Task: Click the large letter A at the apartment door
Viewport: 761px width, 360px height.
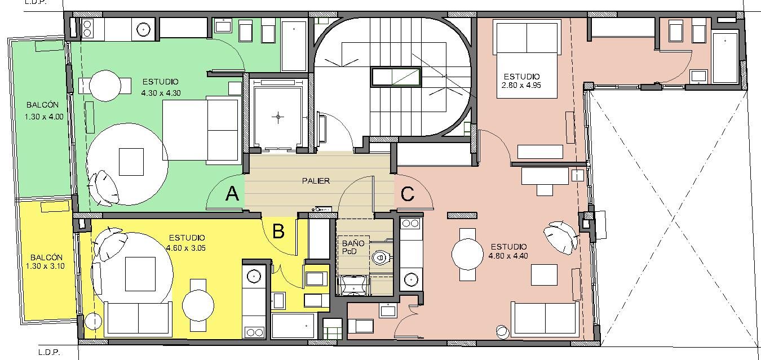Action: (x=232, y=194)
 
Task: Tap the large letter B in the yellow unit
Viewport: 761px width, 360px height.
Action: (x=278, y=231)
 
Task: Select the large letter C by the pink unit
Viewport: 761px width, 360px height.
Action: (x=408, y=194)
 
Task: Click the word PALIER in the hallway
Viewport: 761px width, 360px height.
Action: (x=316, y=181)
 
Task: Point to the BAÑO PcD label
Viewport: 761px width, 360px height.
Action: (x=353, y=247)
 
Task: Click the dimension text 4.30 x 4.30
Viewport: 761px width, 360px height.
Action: (x=161, y=93)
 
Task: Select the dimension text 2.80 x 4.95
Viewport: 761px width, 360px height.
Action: (x=521, y=85)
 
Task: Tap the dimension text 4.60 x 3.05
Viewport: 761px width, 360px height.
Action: (x=186, y=248)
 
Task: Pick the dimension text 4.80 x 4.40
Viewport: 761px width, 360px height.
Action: (x=508, y=256)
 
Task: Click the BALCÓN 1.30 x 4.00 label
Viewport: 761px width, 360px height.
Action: (x=44, y=111)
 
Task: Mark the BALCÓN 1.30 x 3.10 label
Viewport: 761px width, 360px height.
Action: (x=45, y=261)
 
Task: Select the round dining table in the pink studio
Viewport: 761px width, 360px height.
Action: (x=467, y=254)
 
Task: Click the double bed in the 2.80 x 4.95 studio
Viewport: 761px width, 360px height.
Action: (x=526, y=59)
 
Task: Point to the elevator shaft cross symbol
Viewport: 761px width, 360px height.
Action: (x=278, y=117)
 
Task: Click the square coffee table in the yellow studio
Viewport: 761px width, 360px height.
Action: (x=140, y=274)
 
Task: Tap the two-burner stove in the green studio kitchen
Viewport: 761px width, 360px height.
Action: (x=87, y=28)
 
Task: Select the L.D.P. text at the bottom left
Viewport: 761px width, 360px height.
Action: (x=49, y=352)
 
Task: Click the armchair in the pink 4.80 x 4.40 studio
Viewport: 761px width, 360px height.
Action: (x=561, y=237)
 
